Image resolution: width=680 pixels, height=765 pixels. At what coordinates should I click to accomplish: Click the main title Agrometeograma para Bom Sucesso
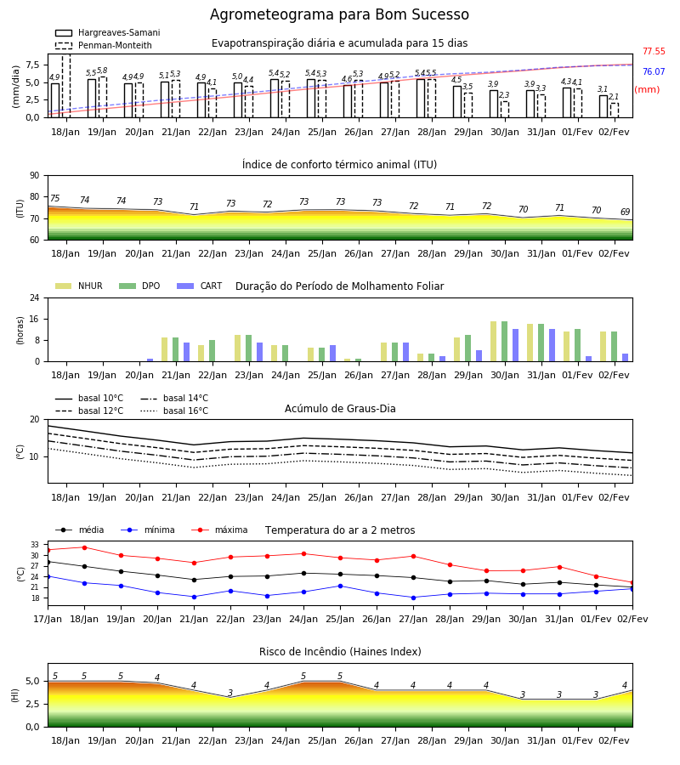[339, 14]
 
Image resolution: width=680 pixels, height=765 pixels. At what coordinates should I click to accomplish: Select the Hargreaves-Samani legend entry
[108, 32]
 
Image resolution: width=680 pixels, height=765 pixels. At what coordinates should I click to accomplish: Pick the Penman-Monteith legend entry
[104, 45]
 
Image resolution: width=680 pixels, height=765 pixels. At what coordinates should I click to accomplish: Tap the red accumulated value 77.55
[654, 51]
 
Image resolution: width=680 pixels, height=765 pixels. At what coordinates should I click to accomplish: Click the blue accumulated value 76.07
[654, 71]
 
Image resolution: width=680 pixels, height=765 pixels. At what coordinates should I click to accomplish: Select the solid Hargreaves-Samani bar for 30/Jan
[494, 104]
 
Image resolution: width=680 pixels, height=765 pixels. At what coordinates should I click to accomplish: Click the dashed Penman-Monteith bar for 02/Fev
[615, 110]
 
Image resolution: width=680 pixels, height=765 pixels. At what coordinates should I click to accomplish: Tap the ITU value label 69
[626, 212]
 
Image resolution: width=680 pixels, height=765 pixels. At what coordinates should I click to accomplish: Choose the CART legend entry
[200, 286]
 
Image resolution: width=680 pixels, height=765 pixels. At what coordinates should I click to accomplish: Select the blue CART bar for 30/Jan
[516, 345]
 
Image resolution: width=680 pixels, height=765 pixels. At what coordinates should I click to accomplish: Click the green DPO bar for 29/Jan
[467, 348]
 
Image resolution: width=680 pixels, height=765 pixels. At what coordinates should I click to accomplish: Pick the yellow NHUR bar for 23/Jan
[237, 348]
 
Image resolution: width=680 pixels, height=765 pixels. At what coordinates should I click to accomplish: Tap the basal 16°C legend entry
[174, 411]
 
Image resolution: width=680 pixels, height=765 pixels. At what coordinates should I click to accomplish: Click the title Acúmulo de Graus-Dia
[340, 408]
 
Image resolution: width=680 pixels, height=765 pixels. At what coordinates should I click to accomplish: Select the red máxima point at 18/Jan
[84, 547]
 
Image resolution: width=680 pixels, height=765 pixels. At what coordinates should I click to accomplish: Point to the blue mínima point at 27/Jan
[414, 598]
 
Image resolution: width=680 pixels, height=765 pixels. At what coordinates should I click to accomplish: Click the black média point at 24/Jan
[304, 573]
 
